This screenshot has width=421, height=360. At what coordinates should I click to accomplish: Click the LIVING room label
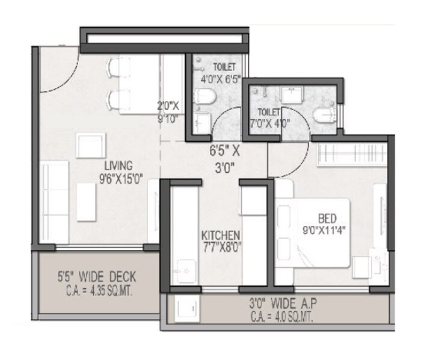click(x=118, y=164)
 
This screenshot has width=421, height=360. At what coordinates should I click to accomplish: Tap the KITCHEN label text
click(x=221, y=234)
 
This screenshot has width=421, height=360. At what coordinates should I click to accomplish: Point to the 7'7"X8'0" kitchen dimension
click(x=221, y=246)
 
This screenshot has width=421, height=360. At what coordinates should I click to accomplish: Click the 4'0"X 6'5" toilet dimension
click(x=220, y=78)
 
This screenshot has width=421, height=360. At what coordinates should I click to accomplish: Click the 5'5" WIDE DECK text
click(x=97, y=278)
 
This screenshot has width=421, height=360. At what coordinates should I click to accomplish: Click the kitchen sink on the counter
click(x=180, y=269)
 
